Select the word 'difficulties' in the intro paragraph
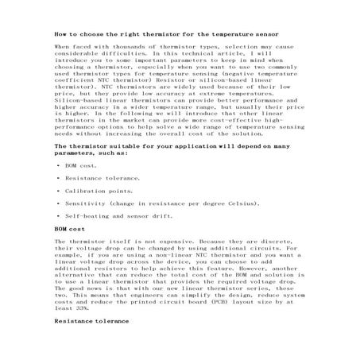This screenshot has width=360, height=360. click(117, 54)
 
